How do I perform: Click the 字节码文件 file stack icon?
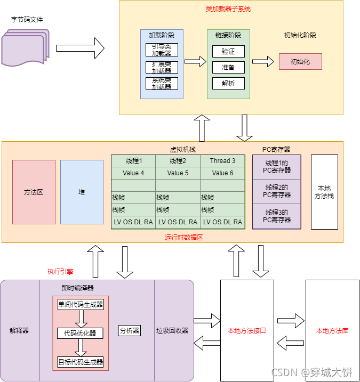pos(26,46)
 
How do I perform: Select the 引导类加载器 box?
pos(162,50)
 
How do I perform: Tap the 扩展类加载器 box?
pos(162,67)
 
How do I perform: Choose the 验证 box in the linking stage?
pos(228,52)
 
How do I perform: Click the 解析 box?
pos(228,83)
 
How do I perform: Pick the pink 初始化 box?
pos(300,61)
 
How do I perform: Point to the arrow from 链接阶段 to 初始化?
pos(263,61)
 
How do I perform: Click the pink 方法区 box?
pos(34,192)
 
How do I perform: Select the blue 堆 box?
pos(82,192)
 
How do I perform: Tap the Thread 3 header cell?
pos(222,161)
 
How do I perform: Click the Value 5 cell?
pos(178,173)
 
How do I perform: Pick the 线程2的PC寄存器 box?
pos(277,191)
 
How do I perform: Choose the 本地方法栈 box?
pos(324,192)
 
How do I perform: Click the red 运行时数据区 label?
pos(183,238)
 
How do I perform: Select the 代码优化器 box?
pos(80,334)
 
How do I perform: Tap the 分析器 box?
pos(129,331)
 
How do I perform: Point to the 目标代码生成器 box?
pos(81,362)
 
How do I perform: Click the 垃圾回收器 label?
pos(172,331)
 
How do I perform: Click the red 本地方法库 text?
pos(332,331)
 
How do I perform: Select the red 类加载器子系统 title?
pos(228,10)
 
